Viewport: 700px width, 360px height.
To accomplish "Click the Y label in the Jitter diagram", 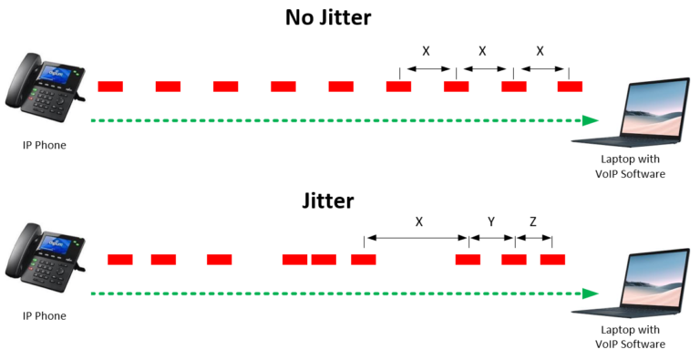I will click(x=491, y=221).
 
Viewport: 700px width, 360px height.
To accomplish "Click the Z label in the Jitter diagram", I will click(x=533, y=221).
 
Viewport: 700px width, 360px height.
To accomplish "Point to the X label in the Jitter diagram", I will click(x=418, y=221).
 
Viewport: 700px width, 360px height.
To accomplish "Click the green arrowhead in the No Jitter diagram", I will click(x=591, y=120).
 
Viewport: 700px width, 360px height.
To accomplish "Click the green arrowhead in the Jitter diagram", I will click(x=591, y=293).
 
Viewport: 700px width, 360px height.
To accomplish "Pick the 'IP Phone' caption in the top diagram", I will click(x=45, y=145).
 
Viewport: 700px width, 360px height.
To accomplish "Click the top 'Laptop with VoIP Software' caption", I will click(x=630, y=167).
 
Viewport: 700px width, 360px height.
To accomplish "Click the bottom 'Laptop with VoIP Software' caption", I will click(x=630, y=337).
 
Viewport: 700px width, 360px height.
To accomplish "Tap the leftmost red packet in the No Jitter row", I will click(x=110, y=87).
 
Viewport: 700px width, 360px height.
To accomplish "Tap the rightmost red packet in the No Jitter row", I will click(x=570, y=87).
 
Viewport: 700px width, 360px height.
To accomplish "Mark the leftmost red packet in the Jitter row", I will click(x=120, y=260).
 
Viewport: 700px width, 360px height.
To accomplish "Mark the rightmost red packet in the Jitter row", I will click(x=552, y=260).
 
